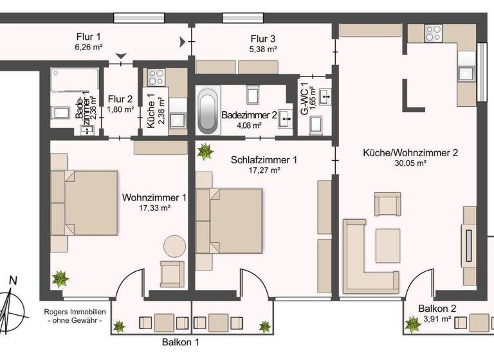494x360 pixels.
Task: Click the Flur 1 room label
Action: coord(89,37)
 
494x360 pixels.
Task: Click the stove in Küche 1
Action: coord(156,78)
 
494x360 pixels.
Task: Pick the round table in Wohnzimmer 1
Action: coord(174,246)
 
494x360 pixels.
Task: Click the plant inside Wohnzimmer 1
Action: coord(60,279)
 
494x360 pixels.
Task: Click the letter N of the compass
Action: coord(13,280)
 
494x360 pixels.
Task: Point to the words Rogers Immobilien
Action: coord(73,312)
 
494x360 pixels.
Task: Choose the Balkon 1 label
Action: coord(180,342)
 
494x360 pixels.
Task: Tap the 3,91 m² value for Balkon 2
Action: coord(437,318)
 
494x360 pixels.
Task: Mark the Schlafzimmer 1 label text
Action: coord(264,160)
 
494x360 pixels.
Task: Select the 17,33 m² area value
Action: coord(154,208)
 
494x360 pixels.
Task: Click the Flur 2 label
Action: coord(121,99)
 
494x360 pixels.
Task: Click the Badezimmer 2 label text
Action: coord(249,116)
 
